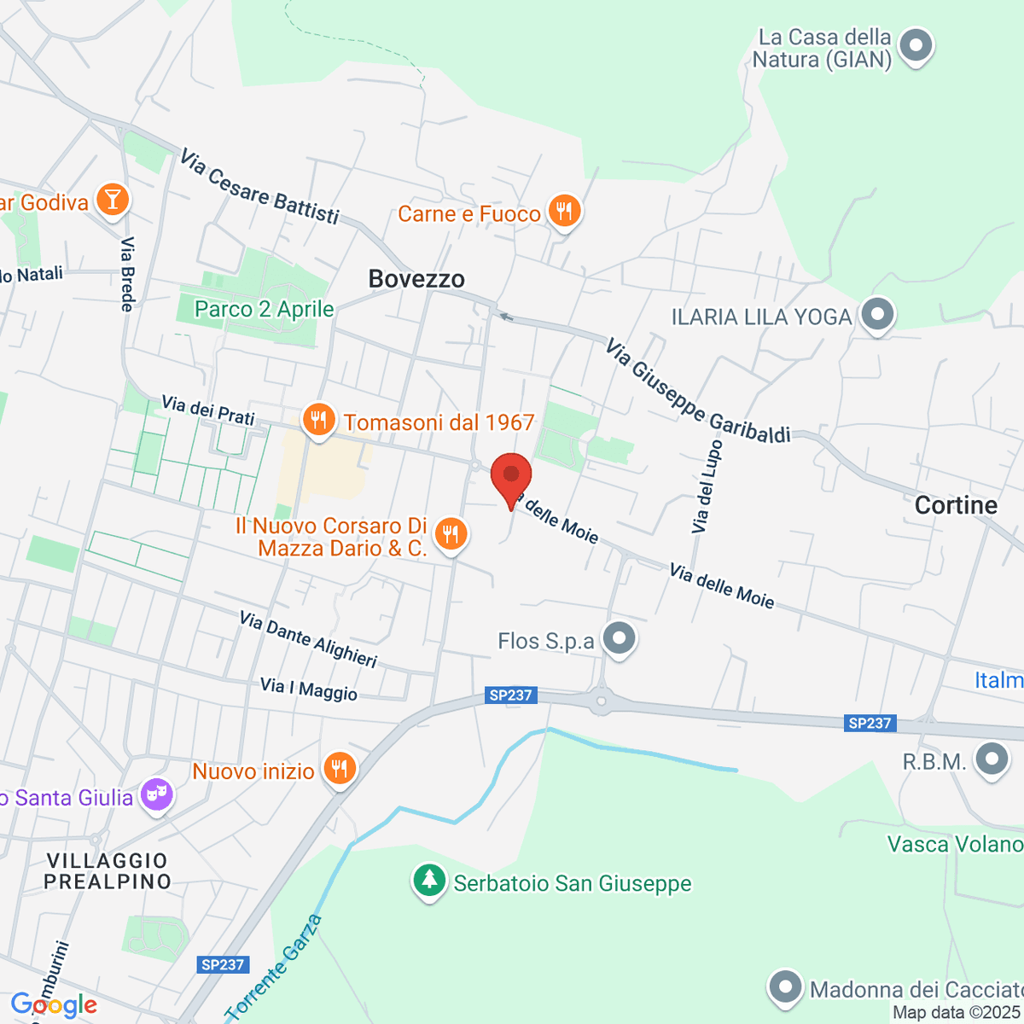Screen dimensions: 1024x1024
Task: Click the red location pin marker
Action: pos(511,477)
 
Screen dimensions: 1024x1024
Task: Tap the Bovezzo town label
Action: pos(416,279)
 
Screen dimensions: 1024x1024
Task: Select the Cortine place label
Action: pos(956,505)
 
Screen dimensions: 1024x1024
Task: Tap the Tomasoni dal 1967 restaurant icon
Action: pos(318,419)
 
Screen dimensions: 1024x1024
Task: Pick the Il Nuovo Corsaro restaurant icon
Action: pos(451,534)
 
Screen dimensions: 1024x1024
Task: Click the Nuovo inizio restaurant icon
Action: pos(340,768)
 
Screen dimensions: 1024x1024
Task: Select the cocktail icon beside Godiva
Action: pos(112,200)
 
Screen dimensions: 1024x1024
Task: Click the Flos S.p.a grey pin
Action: pos(619,637)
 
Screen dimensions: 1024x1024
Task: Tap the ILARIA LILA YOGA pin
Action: pos(876,314)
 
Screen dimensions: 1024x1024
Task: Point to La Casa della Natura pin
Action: pos(916,45)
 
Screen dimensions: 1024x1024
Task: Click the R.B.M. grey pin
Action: pos(992,759)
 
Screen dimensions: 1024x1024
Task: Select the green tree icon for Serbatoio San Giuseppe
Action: pos(429,880)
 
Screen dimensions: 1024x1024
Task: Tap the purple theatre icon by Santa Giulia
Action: pos(156,794)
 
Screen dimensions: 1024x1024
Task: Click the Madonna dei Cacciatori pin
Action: pos(784,986)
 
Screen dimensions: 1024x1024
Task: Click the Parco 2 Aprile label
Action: pos(264,309)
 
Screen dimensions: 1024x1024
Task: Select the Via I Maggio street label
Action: pos(309,689)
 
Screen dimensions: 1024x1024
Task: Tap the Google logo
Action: pos(54,1004)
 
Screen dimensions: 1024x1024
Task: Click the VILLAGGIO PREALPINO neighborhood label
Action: pos(108,870)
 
